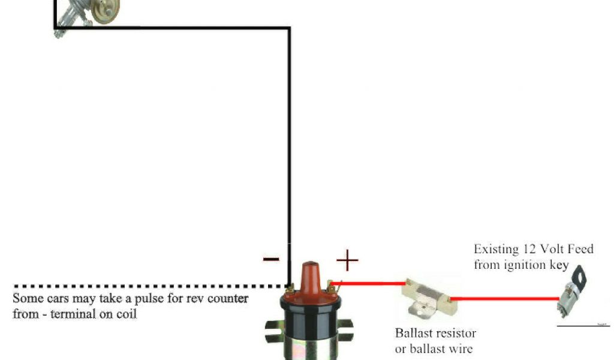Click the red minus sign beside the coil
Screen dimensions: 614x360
coord(270,259)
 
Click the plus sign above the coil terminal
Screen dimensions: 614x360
coord(347,260)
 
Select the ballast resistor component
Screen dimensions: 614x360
coord(429,297)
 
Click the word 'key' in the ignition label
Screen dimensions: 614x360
coord(558,265)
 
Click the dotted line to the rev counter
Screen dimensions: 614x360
coord(150,286)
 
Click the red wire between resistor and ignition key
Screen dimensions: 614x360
coord(504,298)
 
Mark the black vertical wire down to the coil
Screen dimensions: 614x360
coord(289,150)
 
